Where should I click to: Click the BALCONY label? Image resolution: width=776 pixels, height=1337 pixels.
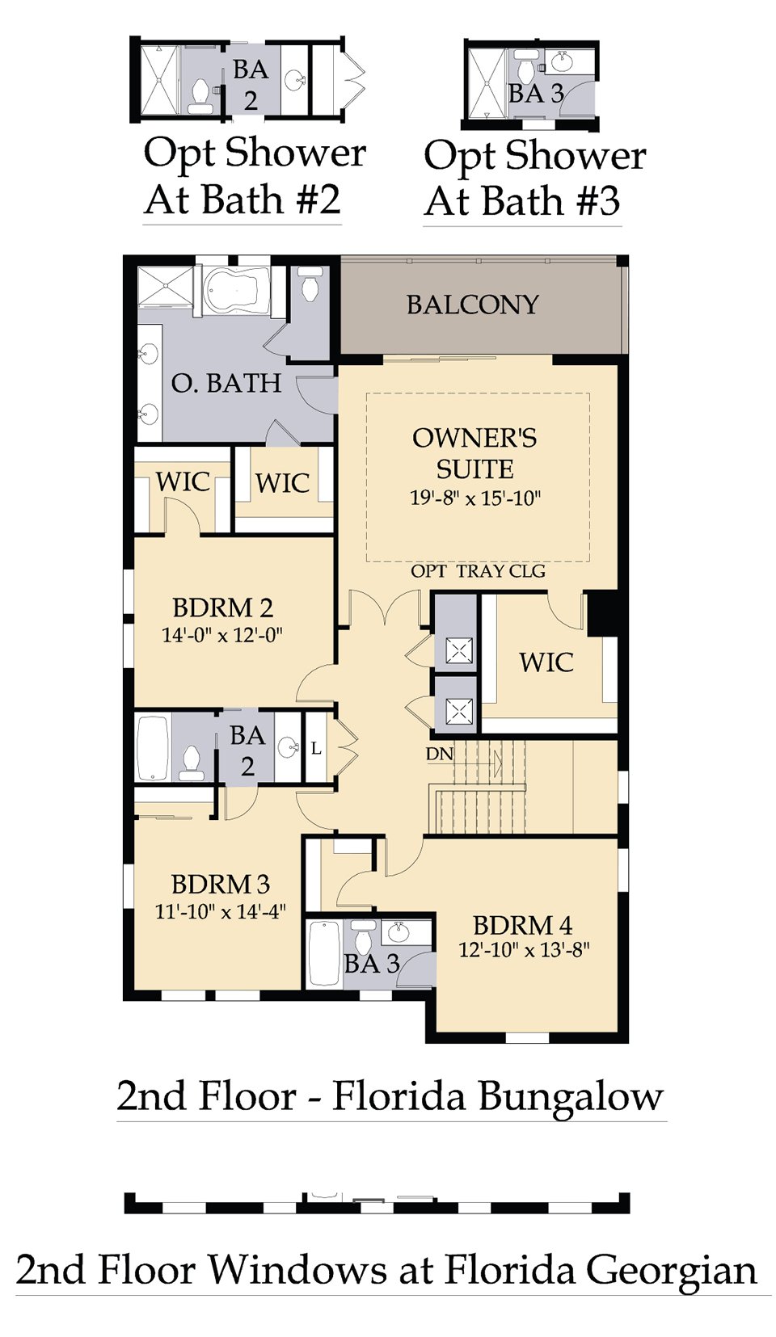click(473, 305)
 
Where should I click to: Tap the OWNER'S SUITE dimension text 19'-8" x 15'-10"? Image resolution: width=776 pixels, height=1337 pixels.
click(475, 497)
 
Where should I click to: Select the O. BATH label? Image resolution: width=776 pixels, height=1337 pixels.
click(226, 383)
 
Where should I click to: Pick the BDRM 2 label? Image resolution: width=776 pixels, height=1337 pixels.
click(223, 608)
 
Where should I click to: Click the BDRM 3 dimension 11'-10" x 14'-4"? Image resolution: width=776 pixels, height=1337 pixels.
click(221, 910)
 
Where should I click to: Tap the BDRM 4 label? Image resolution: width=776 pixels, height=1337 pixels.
click(523, 926)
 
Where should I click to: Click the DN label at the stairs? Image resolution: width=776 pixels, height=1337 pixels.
click(440, 754)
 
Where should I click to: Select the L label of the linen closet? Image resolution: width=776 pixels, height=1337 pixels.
click(316, 748)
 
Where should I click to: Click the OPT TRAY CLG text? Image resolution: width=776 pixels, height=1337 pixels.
click(478, 571)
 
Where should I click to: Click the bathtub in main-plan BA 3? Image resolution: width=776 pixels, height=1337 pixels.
click(324, 954)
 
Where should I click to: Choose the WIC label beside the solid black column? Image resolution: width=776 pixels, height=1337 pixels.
click(546, 662)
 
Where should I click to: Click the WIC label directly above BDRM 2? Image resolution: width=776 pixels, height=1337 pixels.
click(183, 481)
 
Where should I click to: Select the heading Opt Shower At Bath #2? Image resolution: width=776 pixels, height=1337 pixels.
click(243, 176)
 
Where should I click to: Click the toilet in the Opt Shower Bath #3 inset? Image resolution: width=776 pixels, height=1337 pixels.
click(526, 69)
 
